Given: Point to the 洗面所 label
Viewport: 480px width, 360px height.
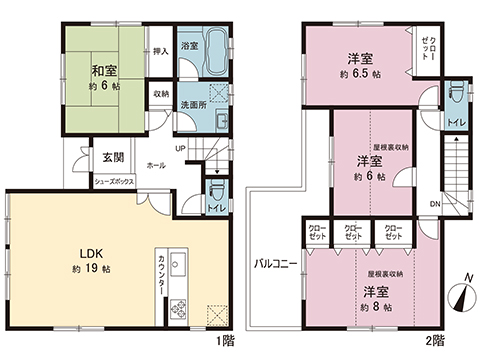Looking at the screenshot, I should [194, 105].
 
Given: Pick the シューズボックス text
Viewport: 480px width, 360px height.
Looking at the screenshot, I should [114, 182].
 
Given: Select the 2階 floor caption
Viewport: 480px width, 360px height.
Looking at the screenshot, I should [435, 340].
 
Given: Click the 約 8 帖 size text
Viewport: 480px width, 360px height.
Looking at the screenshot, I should [368, 305].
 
